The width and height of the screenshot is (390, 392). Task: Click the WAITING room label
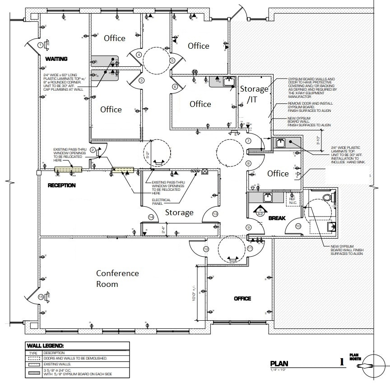click(x=56, y=59)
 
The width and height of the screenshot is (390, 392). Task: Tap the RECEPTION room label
click(x=62, y=185)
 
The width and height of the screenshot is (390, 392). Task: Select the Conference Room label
click(x=117, y=279)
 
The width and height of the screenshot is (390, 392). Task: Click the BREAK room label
click(x=277, y=218)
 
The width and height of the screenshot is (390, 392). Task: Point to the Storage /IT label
click(x=254, y=93)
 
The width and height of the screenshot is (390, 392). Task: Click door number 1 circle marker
click(x=41, y=45)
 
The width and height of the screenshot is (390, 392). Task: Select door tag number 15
click(x=41, y=297)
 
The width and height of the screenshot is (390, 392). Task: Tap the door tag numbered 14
click(x=151, y=217)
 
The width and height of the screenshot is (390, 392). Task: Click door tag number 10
click(x=298, y=226)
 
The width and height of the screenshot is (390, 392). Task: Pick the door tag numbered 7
click(x=248, y=141)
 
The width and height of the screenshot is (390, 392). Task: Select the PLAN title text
click(x=279, y=364)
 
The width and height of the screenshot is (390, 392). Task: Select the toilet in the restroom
click(x=333, y=198)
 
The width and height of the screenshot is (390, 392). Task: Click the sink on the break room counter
click(x=268, y=197)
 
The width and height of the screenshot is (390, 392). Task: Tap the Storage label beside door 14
click(x=179, y=212)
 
